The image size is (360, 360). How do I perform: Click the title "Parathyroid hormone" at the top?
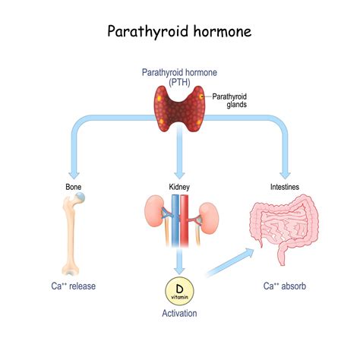coord(179,32)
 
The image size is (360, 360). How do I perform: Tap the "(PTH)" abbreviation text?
coord(179,83)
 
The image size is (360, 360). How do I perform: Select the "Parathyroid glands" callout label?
coord(229,100)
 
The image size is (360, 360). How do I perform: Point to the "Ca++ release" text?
coord(74,286)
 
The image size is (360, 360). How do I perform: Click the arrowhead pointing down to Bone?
coord(74,171)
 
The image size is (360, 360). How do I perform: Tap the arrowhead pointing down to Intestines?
coord(285,171)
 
